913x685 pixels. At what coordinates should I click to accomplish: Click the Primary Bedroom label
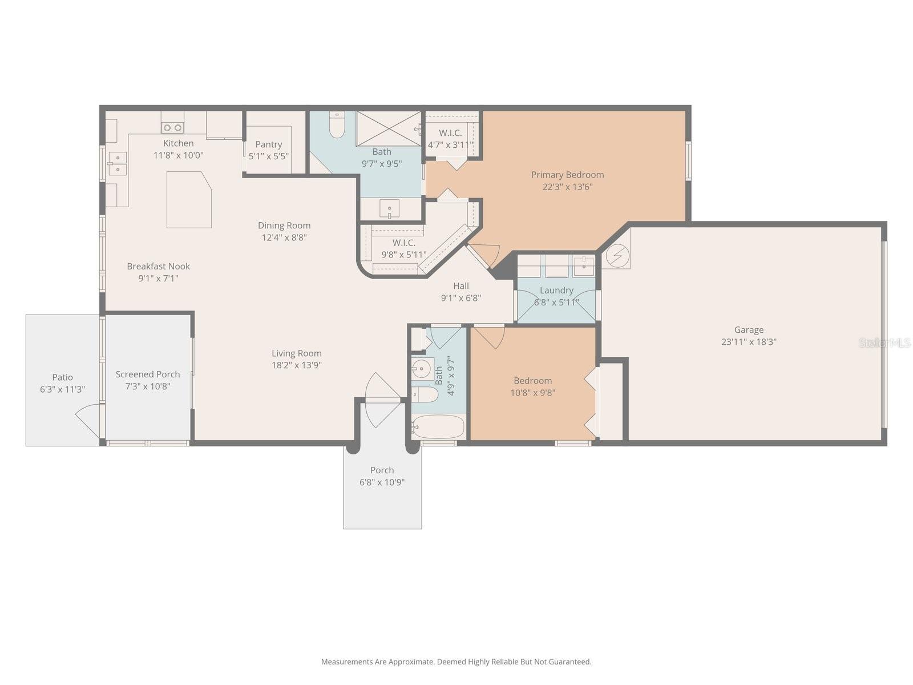567,175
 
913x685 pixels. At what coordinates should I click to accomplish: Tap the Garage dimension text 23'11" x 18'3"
748,341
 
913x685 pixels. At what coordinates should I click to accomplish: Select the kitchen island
189,200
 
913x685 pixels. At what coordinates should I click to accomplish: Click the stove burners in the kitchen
172,128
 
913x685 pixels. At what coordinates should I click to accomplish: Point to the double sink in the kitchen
118,164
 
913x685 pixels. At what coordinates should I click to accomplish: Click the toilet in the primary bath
337,124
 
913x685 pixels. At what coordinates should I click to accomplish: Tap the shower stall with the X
389,128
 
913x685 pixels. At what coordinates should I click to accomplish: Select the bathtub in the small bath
438,426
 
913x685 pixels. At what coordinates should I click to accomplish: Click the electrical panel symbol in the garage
617,256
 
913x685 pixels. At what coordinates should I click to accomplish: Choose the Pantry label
268,144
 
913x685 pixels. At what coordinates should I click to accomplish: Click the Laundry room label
556,291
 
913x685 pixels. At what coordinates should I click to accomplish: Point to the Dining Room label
284,225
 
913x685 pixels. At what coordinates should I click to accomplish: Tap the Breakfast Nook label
158,266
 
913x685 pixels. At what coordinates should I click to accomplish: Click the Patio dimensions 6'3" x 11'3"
62,389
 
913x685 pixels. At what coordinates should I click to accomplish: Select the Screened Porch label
148,374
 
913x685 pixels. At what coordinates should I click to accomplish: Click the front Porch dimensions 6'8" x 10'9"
382,482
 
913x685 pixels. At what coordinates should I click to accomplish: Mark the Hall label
461,286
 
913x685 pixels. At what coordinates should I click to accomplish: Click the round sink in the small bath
423,369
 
